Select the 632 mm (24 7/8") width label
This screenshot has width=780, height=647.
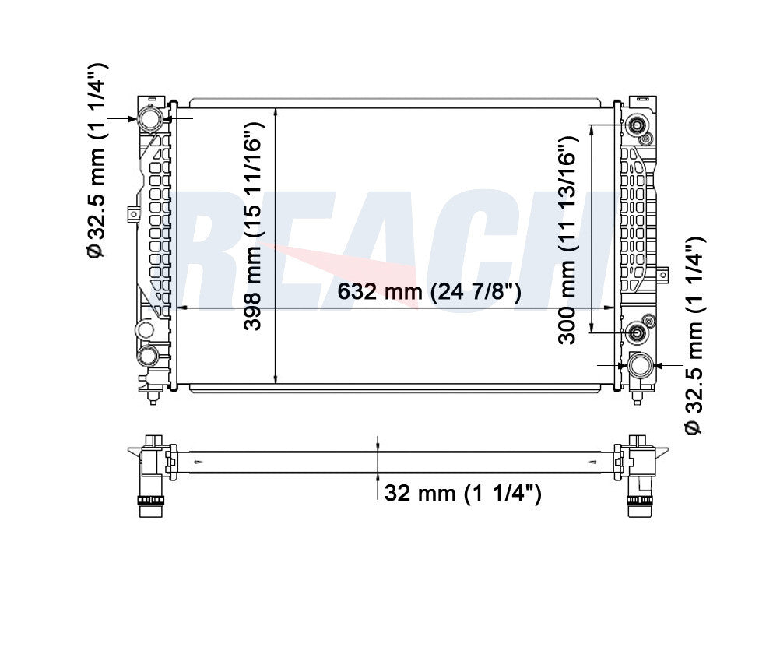(x=429, y=292)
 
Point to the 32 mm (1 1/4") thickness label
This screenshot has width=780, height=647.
(x=462, y=494)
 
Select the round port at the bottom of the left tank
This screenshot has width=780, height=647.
(x=147, y=357)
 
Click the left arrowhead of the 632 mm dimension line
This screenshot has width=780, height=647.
(x=181, y=308)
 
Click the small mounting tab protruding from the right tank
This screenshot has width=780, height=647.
(x=663, y=273)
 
